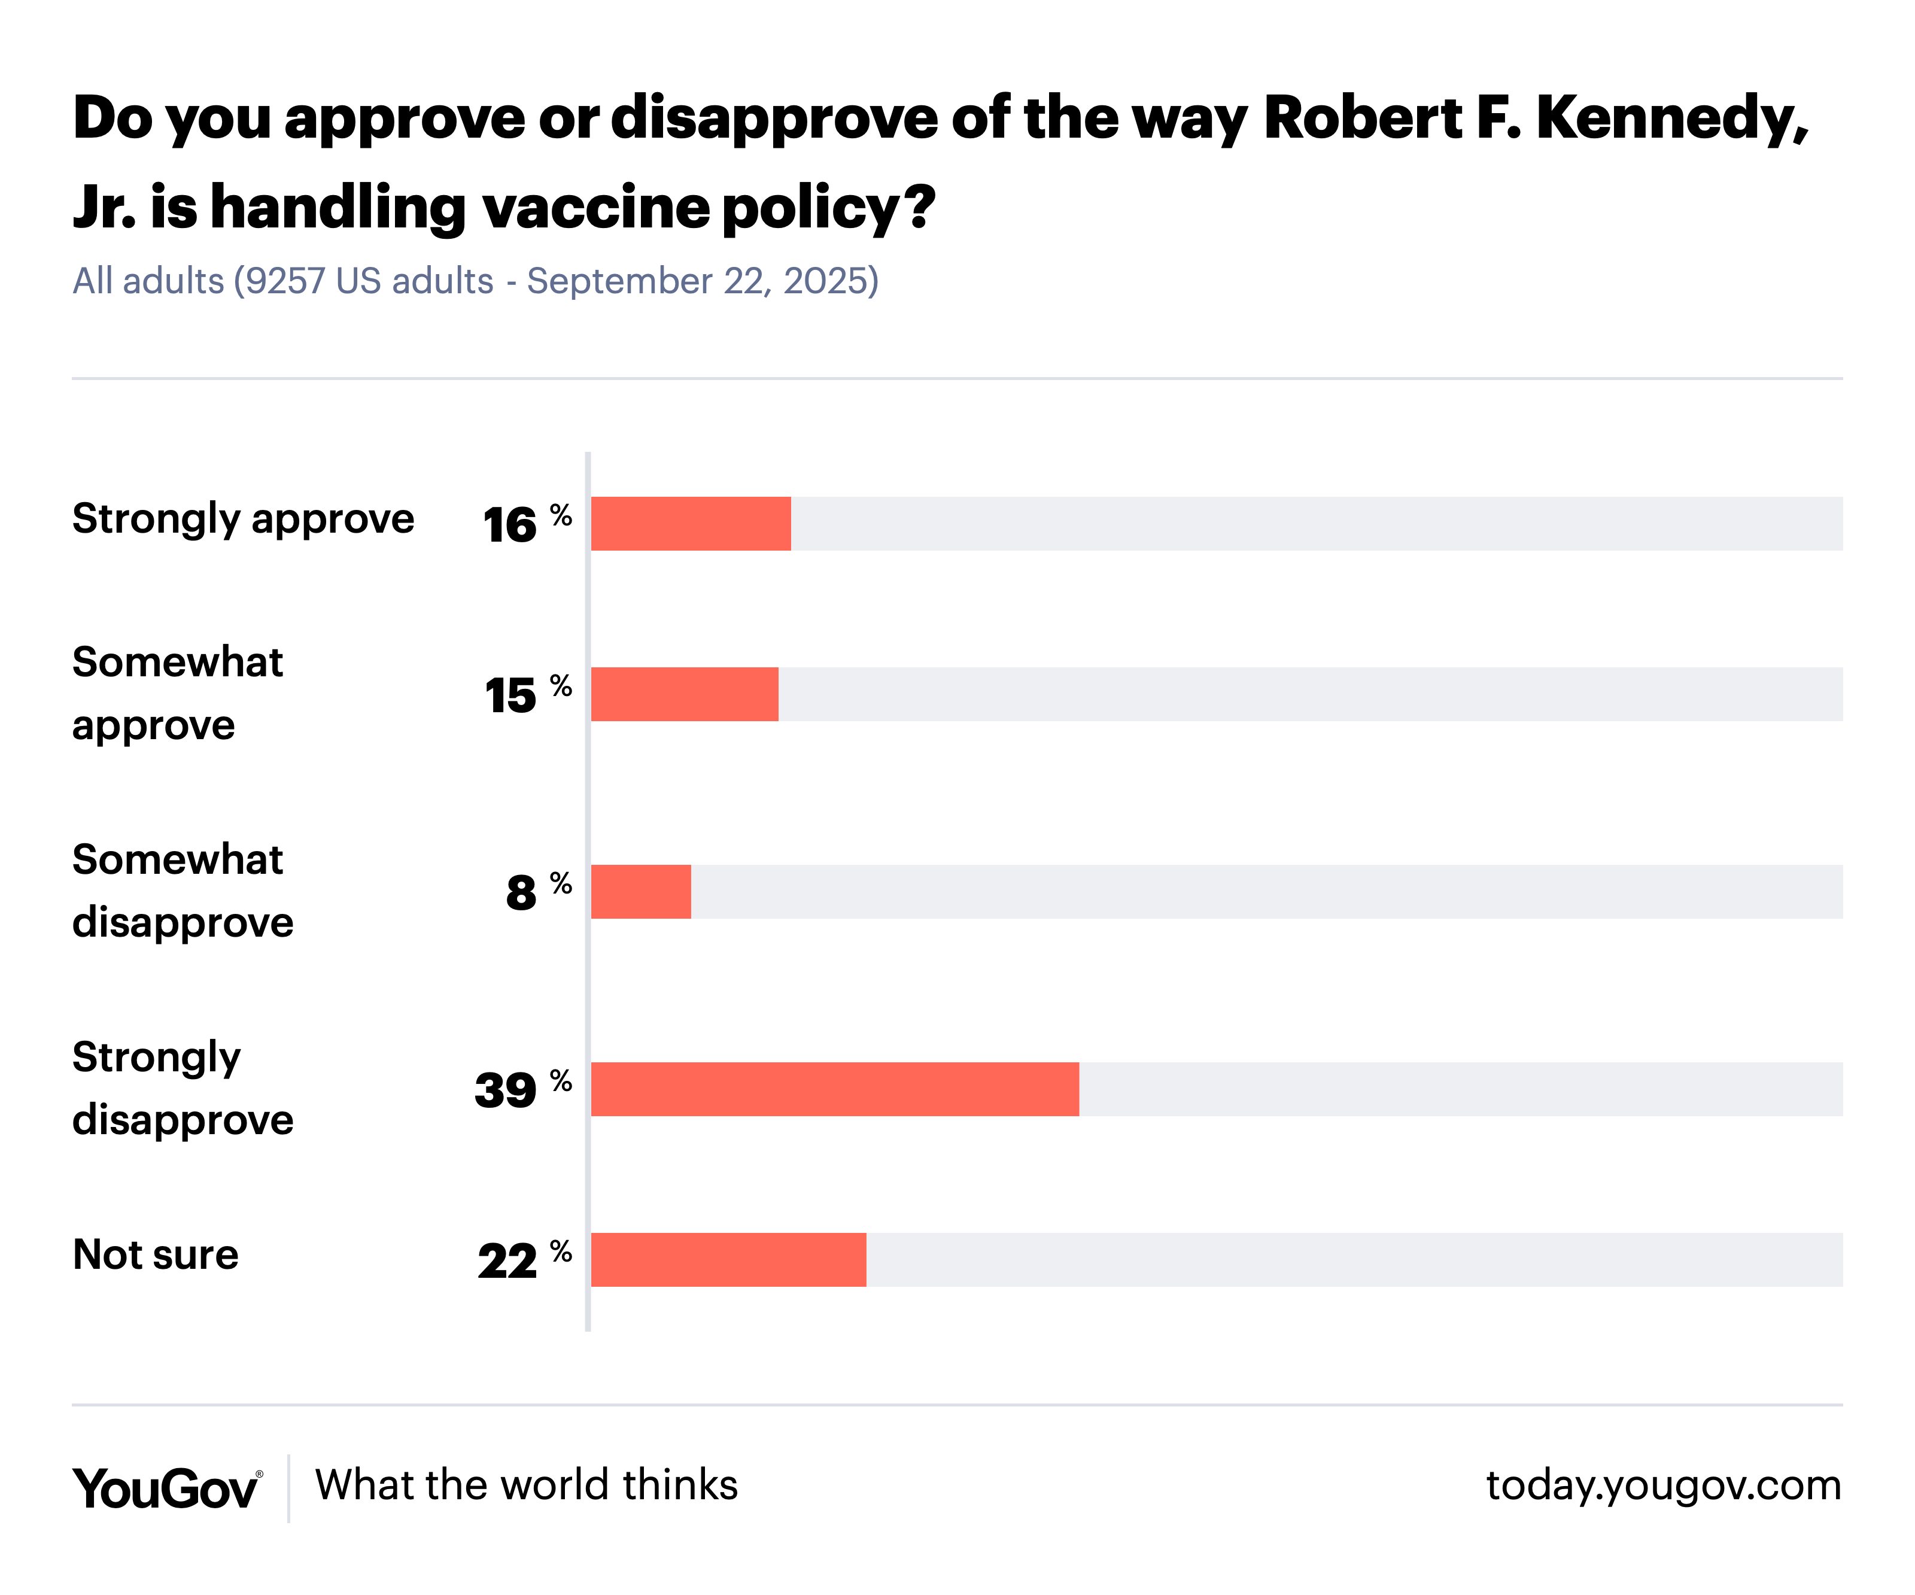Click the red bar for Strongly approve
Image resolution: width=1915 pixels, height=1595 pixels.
pos(691,524)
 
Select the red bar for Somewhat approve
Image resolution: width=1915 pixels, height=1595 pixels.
pos(684,694)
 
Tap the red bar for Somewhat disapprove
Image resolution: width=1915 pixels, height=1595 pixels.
pos(640,891)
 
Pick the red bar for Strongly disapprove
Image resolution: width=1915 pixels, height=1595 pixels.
pos(834,1089)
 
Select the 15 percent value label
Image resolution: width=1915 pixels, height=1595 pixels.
pos(526,694)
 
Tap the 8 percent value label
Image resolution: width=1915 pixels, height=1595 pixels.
pos(537,891)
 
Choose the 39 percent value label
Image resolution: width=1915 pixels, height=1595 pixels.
pos(522,1089)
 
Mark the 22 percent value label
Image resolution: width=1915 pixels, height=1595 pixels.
pos(524,1259)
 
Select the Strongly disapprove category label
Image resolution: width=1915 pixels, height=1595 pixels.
pos(183,1088)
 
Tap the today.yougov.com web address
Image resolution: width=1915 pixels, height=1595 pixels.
pos(1663,1485)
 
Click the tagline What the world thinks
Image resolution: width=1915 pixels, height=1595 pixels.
pos(526,1485)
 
